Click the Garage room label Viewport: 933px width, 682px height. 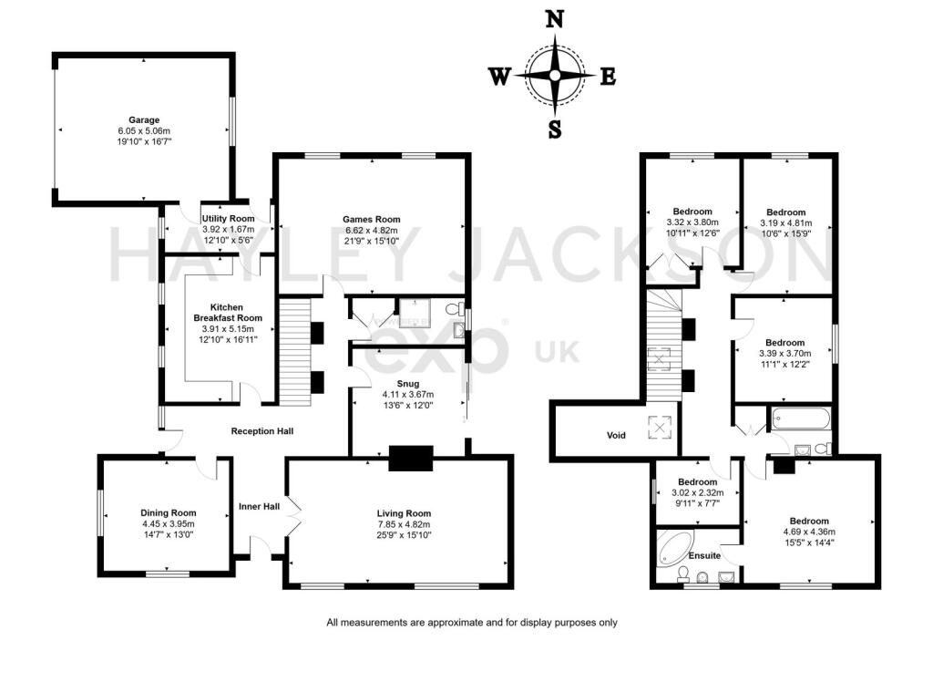(x=144, y=119)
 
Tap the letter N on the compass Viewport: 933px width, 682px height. (x=555, y=20)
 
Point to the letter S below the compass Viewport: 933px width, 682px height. (x=555, y=129)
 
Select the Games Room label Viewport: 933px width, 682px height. (x=372, y=219)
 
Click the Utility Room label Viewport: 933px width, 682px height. (x=228, y=219)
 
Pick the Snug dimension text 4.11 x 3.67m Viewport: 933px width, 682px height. (x=407, y=394)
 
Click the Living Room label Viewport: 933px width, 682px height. (x=404, y=513)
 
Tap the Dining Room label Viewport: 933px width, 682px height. (x=169, y=512)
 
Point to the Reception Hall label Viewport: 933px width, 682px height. (x=262, y=430)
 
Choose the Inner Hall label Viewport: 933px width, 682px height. (x=260, y=506)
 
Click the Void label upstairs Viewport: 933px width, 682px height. (x=616, y=436)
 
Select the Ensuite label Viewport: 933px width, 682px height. (x=704, y=556)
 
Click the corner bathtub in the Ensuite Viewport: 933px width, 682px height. (x=673, y=547)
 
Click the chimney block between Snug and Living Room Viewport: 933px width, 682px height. (x=411, y=459)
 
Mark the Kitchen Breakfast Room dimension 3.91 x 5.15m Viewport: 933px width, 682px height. (x=228, y=329)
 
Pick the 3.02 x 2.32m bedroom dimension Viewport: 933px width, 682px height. (x=697, y=492)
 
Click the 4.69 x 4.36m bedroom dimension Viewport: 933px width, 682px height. (x=809, y=532)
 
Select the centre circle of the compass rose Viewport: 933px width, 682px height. (x=555, y=76)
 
